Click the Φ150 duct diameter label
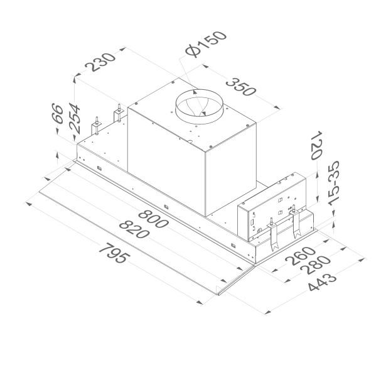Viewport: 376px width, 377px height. coord(206,44)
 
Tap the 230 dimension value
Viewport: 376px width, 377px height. coord(100,62)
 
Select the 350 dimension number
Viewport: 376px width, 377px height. coord(241,87)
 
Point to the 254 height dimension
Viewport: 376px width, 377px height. coord(75,118)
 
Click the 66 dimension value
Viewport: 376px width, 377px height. coord(58,113)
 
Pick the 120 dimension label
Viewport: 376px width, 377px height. coord(316,145)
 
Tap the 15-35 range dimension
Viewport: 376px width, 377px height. coord(334,183)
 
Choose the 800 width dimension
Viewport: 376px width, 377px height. coord(153,219)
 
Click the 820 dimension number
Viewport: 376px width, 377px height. coord(134,229)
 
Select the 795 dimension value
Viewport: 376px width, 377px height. coord(114,253)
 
